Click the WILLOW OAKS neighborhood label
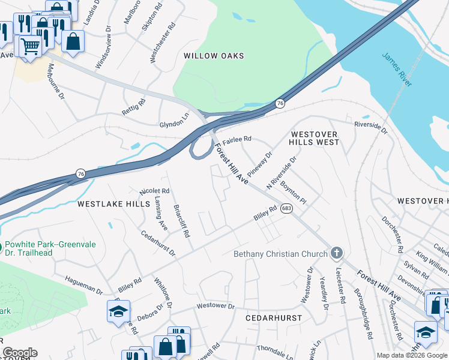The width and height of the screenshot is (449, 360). (214, 56)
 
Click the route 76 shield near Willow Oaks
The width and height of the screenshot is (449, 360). (280, 104)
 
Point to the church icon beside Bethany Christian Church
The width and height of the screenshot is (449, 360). (337, 253)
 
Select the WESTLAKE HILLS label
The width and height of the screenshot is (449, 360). (113, 204)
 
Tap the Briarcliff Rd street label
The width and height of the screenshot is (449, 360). (181, 219)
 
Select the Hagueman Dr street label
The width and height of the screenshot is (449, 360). (83, 285)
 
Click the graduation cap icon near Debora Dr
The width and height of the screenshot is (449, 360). (118, 311)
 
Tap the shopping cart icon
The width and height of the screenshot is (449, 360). (30, 46)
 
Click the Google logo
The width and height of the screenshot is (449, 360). (20, 353)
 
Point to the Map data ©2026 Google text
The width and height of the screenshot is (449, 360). (411, 355)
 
